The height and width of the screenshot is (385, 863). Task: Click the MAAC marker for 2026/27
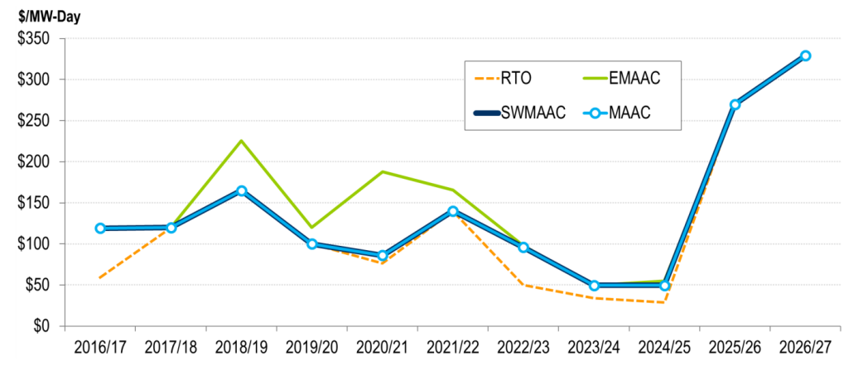click(x=805, y=55)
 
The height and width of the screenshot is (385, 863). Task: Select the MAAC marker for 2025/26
click(x=735, y=104)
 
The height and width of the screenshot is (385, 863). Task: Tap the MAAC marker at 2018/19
click(x=242, y=190)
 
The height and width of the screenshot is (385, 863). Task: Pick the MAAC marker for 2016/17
click(x=100, y=228)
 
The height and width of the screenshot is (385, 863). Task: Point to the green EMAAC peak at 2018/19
click(x=242, y=141)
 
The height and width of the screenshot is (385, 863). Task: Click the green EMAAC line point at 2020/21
click(x=383, y=171)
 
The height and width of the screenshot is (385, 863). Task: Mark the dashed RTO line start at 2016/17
click(x=100, y=277)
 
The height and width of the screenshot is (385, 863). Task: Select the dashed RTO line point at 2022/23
click(x=523, y=285)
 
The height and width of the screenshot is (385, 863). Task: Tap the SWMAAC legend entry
click(x=518, y=113)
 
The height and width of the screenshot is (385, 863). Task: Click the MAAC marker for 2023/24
click(x=594, y=286)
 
